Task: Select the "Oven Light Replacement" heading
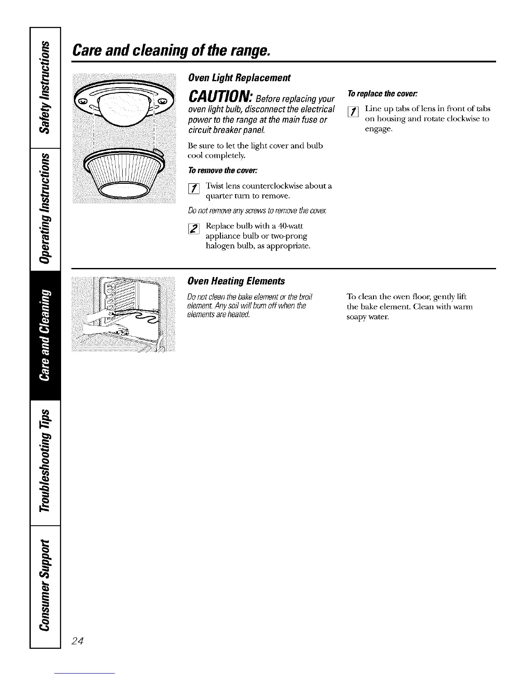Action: [x=239, y=78]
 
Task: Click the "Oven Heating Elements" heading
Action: [x=236, y=281]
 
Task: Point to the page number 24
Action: [x=79, y=640]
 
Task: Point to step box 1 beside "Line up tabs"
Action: [x=353, y=112]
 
